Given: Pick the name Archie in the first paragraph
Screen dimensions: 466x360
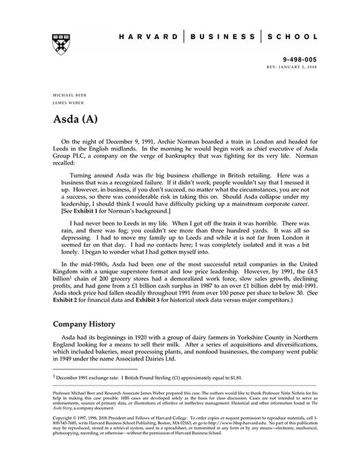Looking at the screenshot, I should tap(170, 140).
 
